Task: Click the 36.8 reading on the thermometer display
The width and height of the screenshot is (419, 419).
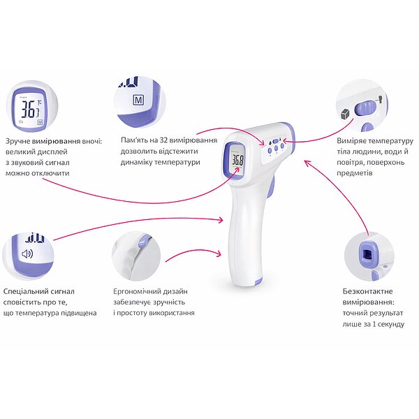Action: (x=237, y=160)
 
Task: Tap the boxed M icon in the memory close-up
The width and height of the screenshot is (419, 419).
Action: (x=138, y=100)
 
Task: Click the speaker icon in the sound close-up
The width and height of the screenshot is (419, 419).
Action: (x=27, y=253)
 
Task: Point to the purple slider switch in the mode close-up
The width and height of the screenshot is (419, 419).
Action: (x=365, y=109)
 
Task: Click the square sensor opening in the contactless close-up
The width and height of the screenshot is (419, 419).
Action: (x=368, y=255)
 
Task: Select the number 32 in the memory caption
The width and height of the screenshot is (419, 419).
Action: (x=163, y=140)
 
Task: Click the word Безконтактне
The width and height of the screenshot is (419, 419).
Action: (x=368, y=291)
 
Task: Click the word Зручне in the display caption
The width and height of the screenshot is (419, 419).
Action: (x=18, y=141)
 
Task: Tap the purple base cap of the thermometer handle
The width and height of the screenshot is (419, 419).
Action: (x=258, y=281)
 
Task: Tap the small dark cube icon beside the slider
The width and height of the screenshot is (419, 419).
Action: (x=346, y=114)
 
